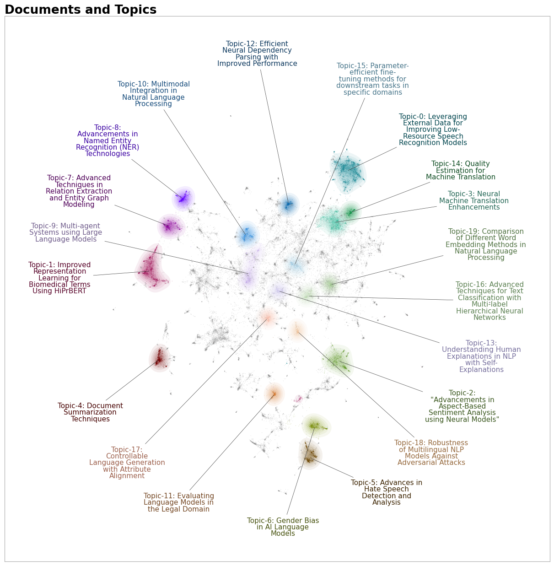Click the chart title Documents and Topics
click(x=81, y=10)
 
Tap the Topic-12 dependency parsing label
click(x=257, y=54)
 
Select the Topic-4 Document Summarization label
click(x=90, y=412)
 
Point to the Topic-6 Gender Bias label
click(x=283, y=527)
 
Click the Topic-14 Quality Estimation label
click(x=460, y=170)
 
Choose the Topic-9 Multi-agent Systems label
click(x=66, y=232)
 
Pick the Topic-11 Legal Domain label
click(x=178, y=502)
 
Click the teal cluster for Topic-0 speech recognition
click(x=348, y=172)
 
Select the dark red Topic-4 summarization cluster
click(x=160, y=358)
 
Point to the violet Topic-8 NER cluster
click(x=183, y=198)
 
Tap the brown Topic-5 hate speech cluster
click(x=310, y=454)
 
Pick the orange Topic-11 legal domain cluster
click(x=274, y=394)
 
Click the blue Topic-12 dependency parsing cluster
click(x=289, y=205)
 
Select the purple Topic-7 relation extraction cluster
click(x=171, y=226)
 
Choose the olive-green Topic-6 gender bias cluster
click(x=316, y=426)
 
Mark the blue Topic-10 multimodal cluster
click(x=247, y=235)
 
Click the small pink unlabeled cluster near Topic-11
click(x=298, y=399)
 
